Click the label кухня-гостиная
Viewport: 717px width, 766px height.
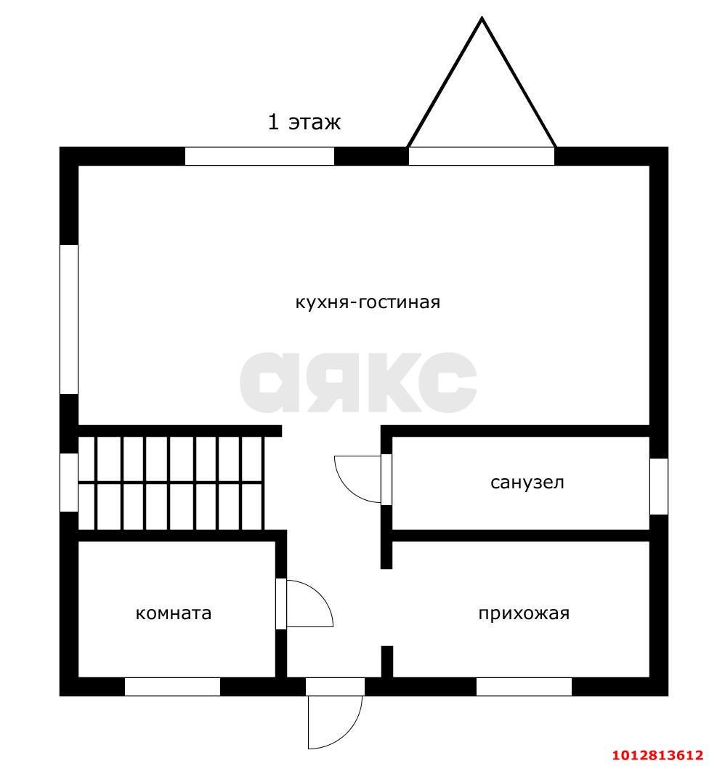coord(368,302)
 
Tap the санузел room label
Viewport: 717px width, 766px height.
coord(527,483)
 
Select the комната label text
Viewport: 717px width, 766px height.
coord(174,613)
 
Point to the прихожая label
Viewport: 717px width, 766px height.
coord(524,613)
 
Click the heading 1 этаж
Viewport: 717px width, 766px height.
coord(304,121)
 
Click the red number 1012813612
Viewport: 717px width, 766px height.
coord(657,755)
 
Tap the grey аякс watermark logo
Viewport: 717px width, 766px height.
coord(358,382)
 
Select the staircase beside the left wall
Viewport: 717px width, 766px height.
coord(171,483)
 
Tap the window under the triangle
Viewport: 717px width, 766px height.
coord(482,156)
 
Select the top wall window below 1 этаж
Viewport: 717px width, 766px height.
coord(259,156)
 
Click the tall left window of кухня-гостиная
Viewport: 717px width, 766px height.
coord(69,319)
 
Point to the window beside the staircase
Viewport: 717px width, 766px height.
coord(69,482)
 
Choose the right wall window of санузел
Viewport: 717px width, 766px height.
coord(658,486)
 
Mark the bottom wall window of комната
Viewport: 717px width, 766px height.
coord(172,686)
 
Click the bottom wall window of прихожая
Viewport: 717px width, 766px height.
coord(524,686)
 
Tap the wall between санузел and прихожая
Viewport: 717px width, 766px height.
coord(521,536)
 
